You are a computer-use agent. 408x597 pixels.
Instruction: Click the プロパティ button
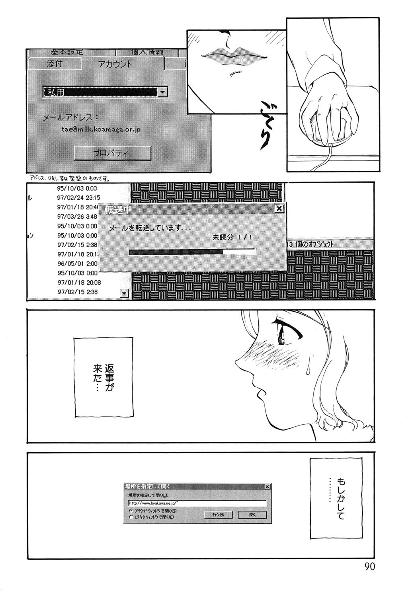pyautogui.click(x=112, y=153)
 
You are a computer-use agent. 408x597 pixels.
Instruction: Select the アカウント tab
pyautogui.click(x=115, y=64)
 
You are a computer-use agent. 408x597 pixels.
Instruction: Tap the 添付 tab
pyautogui.click(x=55, y=63)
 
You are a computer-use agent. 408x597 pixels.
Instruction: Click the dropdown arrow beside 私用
pyautogui.click(x=162, y=92)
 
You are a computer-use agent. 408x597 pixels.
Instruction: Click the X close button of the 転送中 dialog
pyautogui.click(x=279, y=208)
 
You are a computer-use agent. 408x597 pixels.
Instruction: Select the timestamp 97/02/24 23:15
pyautogui.click(x=79, y=198)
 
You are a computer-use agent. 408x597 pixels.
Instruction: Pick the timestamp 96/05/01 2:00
pyautogui.click(x=77, y=263)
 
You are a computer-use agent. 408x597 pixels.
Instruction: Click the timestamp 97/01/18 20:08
pyautogui.click(x=79, y=283)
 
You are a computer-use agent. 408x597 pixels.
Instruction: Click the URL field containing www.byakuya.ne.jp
pyautogui.click(x=197, y=503)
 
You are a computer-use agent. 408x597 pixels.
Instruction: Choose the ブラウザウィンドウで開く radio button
pyautogui.click(x=131, y=511)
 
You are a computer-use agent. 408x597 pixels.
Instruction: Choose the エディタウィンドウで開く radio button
pyautogui.click(x=131, y=517)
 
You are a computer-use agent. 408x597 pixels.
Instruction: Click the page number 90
pyautogui.click(x=369, y=567)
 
